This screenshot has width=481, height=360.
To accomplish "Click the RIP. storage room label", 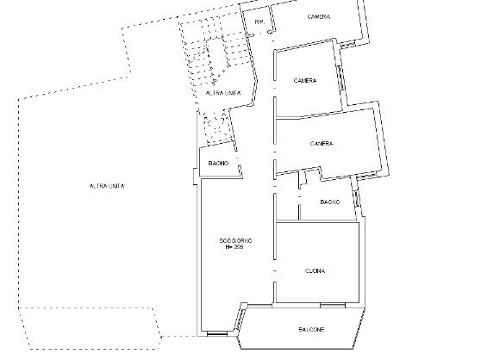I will pos(258,22).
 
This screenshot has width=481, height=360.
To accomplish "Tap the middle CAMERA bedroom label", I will pos(304,81).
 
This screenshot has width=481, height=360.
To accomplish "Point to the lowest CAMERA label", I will pos(322,144).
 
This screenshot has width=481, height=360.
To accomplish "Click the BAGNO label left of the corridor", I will pos(217,163).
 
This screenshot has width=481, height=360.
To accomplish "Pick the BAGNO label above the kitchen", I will pos(329,202).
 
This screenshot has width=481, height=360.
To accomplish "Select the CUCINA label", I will pos(315,271).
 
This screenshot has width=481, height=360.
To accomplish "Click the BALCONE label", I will pos(313,330).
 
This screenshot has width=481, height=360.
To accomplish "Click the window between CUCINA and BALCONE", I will pos(332,304).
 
